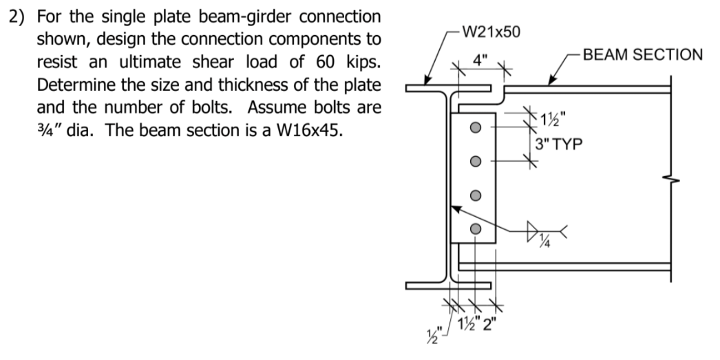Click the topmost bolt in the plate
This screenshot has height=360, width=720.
tap(474, 128)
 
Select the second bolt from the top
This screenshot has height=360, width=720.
tap(474, 162)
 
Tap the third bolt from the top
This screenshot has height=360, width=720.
tap(474, 195)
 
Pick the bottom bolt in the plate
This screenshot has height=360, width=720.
tap(474, 229)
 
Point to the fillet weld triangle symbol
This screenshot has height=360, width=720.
tap(533, 227)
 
